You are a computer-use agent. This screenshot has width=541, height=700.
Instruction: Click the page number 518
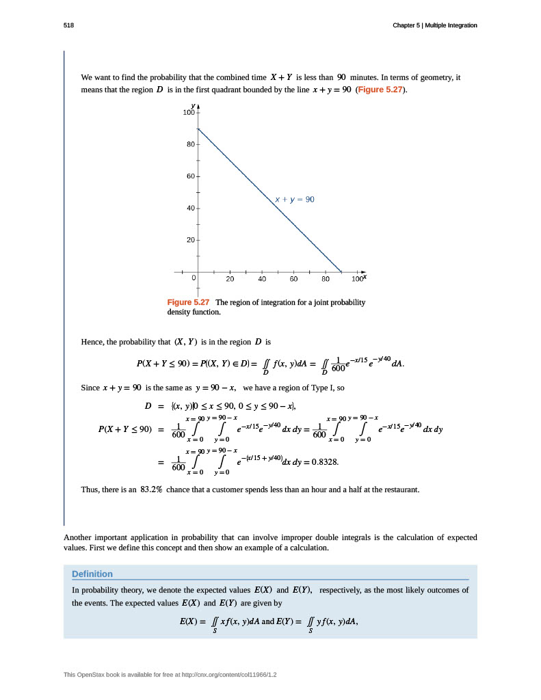[68, 25]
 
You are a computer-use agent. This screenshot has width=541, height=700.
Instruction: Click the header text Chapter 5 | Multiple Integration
[434, 25]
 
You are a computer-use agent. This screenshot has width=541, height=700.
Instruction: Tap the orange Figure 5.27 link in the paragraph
[384, 90]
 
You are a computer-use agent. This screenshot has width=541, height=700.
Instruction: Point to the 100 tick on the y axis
[189, 112]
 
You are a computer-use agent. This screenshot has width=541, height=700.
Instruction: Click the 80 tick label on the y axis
[191, 144]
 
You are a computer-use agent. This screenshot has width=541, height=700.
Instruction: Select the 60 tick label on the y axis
[191, 176]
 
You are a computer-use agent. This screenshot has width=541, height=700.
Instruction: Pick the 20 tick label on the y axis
[191, 240]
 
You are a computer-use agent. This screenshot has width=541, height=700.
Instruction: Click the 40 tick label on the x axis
[262, 279]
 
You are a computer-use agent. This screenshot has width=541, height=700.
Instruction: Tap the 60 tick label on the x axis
[293, 279]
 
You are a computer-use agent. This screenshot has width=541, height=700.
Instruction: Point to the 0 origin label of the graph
[194, 279]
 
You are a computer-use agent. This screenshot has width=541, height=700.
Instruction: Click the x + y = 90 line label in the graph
[294, 199]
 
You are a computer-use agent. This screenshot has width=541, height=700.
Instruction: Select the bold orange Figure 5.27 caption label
[188, 302]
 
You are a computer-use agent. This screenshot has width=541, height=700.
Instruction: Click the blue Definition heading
[92, 574]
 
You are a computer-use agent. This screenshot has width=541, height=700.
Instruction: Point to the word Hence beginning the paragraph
[92, 342]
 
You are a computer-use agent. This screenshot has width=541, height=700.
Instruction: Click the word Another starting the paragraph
[79, 537]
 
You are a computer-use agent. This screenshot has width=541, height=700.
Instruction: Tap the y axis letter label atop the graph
[194, 106]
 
